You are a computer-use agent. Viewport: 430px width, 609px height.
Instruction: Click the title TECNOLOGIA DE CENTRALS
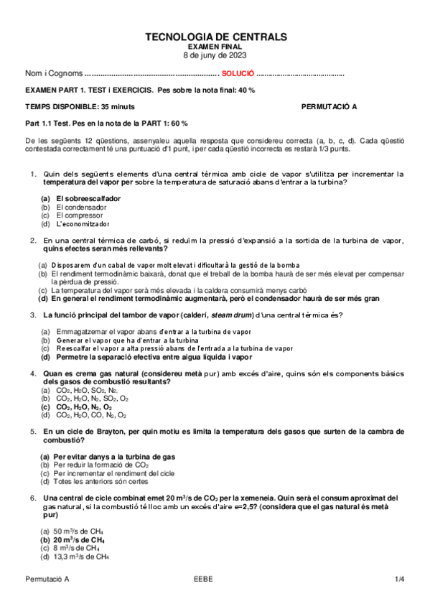point(215,37)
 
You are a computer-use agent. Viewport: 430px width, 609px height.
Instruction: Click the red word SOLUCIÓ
point(238,73)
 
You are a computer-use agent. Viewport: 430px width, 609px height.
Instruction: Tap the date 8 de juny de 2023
point(215,55)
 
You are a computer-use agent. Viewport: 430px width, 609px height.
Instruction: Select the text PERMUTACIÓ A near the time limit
point(329,106)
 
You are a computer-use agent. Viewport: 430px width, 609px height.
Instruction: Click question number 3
point(33,315)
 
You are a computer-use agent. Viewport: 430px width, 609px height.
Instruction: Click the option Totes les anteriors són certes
point(102,482)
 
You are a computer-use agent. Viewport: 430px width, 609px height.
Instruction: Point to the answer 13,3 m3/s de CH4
point(82,557)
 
